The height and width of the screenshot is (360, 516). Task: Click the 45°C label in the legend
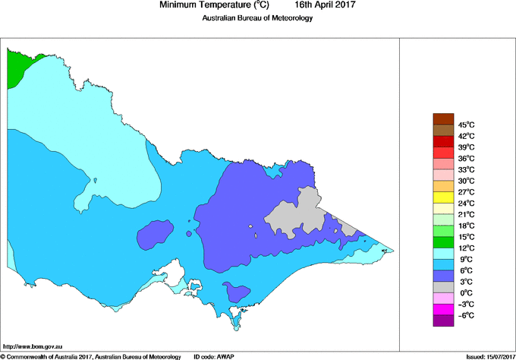pos(465,125)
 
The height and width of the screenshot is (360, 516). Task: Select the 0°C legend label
pos(465,293)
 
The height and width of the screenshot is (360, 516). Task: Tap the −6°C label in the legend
pos(465,315)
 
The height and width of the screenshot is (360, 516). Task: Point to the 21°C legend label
pos(465,214)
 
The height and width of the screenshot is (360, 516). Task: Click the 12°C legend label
pos(465,248)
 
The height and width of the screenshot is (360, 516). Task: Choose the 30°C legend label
pos(465,181)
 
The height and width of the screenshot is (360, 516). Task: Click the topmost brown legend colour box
pos(443,118)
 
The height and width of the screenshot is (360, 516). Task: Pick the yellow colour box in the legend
pos(443,197)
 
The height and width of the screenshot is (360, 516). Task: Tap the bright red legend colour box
pos(443,141)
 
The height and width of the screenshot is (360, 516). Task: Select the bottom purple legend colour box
pos(443,321)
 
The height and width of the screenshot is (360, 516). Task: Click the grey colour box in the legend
pos(443,288)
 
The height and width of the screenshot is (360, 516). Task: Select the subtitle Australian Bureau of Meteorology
pos(257,18)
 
